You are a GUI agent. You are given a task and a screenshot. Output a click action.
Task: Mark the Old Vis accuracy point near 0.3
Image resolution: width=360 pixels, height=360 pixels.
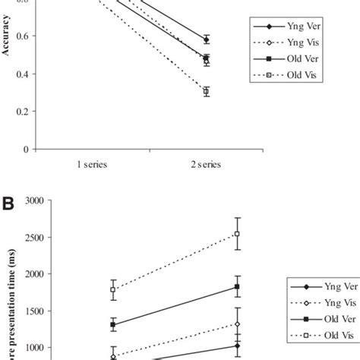(206, 91)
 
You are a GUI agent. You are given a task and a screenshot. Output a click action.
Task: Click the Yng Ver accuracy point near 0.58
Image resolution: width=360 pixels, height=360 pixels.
(206, 39)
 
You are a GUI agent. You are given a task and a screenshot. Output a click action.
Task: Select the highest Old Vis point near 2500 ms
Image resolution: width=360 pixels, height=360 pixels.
(237, 234)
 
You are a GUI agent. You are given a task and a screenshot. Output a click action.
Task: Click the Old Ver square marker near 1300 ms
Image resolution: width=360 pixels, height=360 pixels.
(113, 325)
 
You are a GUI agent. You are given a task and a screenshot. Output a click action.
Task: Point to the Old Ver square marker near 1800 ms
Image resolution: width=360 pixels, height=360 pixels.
(237, 286)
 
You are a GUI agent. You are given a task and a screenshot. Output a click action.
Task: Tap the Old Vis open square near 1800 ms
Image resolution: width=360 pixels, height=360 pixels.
(113, 289)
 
